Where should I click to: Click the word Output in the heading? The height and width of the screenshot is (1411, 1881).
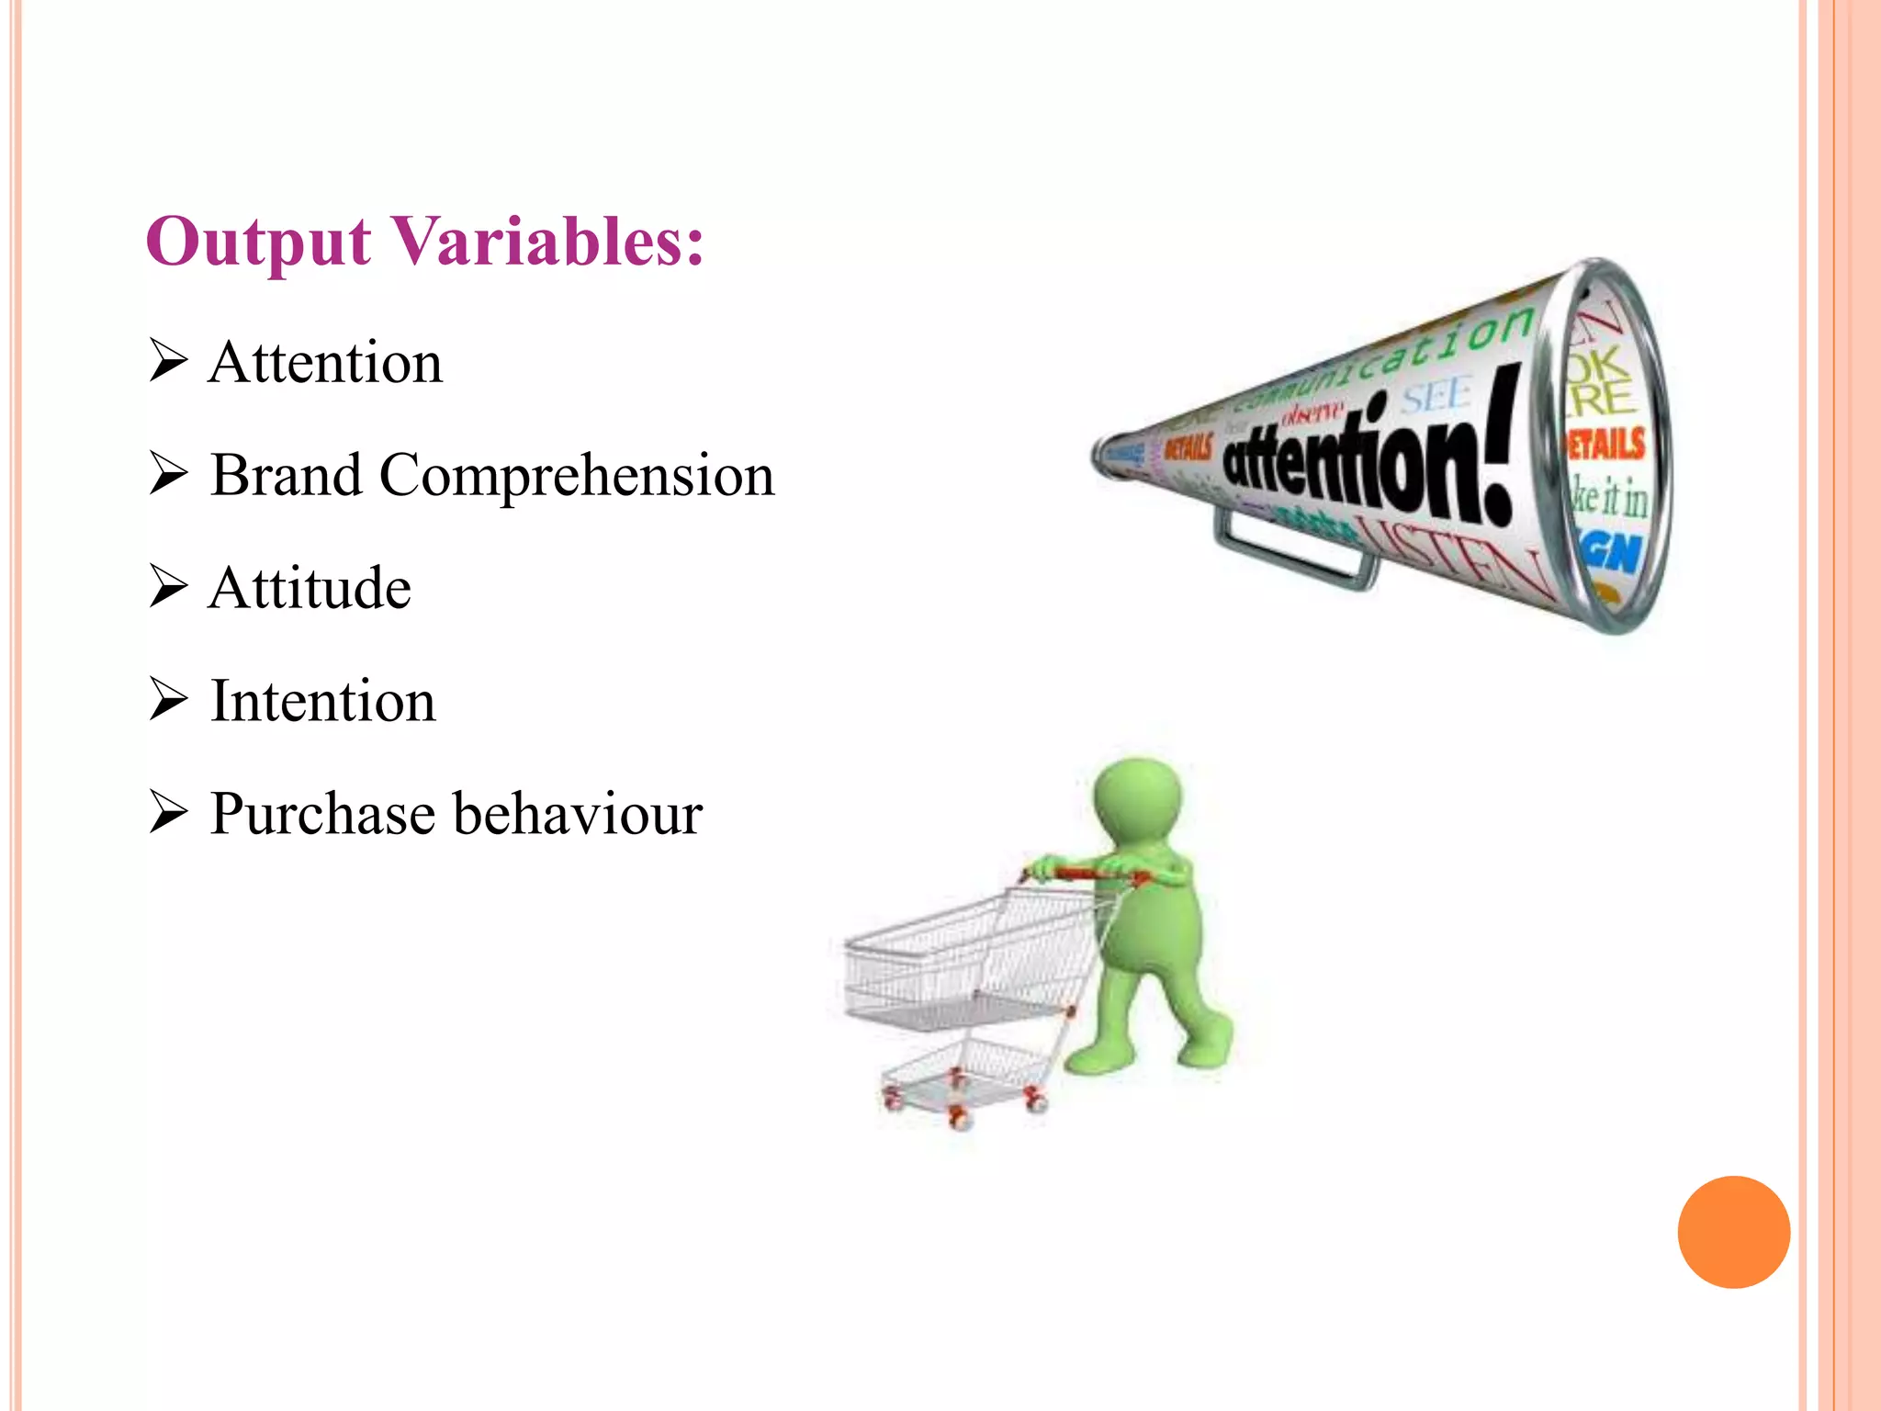(x=258, y=243)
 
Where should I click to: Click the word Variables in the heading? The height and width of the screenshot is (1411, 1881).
(x=547, y=241)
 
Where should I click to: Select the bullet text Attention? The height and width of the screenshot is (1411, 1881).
(x=326, y=362)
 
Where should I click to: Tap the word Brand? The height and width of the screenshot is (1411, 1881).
(x=287, y=475)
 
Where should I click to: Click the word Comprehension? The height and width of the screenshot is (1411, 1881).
(x=577, y=477)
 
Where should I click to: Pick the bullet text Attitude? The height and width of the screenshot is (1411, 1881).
(x=310, y=588)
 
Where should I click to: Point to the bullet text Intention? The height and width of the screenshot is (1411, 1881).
(x=323, y=701)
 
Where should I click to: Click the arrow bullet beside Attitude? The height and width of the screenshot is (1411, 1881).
(x=168, y=587)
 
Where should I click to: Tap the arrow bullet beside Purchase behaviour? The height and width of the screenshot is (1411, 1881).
(x=168, y=813)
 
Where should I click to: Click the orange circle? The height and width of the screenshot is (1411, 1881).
(x=1733, y=1232)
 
